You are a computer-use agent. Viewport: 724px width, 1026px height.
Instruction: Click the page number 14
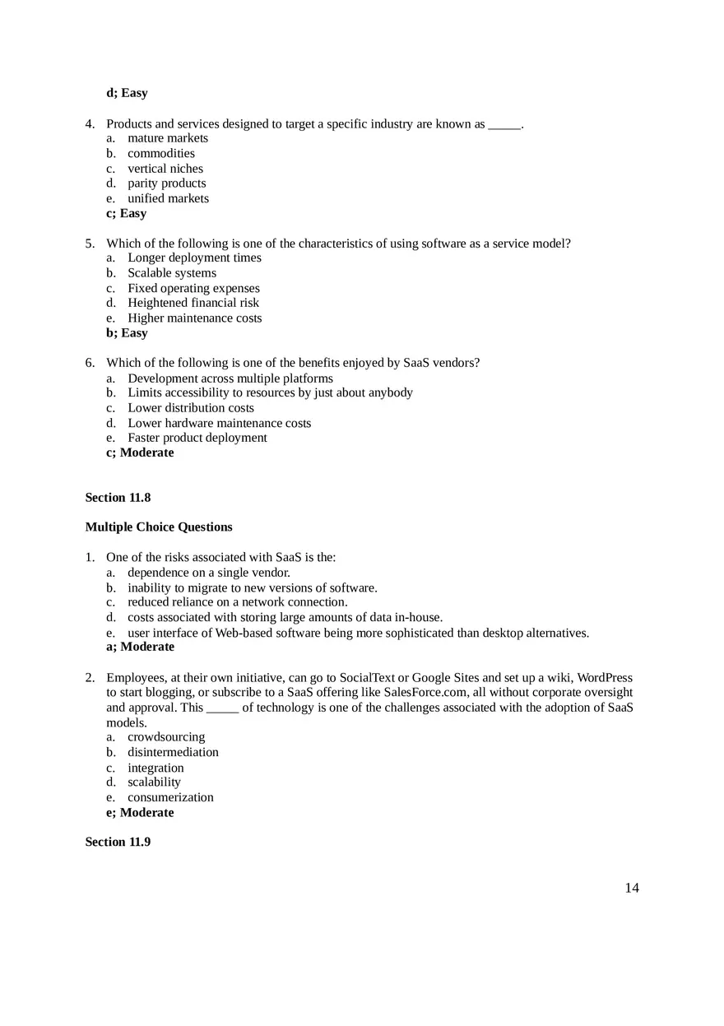tap(632, 888)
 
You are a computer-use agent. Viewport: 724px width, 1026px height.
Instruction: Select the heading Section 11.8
tap(118, 498)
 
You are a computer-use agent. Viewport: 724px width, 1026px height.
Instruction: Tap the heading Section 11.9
tap(118, 842)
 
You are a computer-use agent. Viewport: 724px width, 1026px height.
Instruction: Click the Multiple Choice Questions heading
tap(159, 527)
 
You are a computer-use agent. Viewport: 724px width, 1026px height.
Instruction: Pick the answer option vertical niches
tap(165, 169)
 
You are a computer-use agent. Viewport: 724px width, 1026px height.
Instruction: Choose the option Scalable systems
tap(171, 273)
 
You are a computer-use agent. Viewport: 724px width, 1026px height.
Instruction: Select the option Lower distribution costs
tap(190, 408)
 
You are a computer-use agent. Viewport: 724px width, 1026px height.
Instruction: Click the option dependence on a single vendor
tap(208, 573)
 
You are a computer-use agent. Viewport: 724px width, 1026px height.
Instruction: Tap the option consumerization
tap(170, 797)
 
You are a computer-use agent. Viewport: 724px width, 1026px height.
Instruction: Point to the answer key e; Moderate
tap(140, 813)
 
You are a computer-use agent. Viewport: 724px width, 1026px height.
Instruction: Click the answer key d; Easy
tap(127, 93)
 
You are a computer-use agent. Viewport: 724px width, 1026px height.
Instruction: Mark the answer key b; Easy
tap(127, 333)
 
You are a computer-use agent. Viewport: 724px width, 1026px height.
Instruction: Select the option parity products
tap(166, 183)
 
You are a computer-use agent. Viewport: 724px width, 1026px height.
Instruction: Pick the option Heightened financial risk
tap(193, 303)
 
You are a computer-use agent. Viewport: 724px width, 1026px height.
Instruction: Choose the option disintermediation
tap(173, 752)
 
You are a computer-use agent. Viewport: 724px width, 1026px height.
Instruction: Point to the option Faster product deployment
tap(197, 438)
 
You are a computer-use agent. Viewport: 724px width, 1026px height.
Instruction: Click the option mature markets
tap(167, 138)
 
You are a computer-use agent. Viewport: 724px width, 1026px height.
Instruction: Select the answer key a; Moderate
tap(140, 647)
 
